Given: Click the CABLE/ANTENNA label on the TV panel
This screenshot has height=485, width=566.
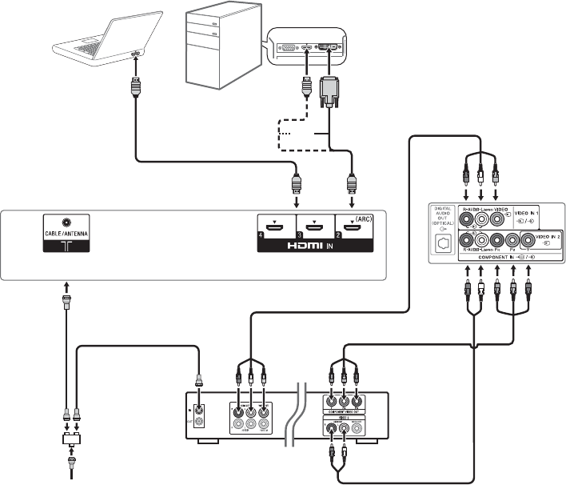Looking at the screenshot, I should pyautogui.click(x=67, y=235).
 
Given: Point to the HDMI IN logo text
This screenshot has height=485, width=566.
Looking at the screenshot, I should pyautogui.click(x=317, y=248).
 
